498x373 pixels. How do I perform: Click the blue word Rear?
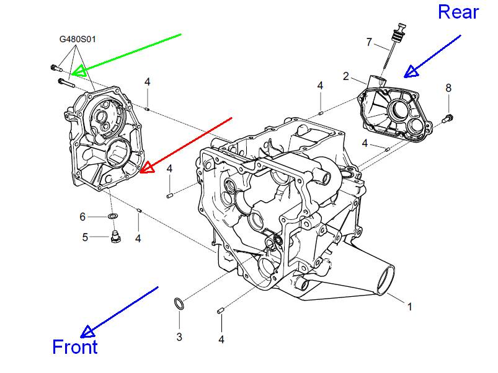pyautogui.click(x=458, y=12)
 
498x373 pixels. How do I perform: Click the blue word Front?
pyautogui.click(x=75, y=347)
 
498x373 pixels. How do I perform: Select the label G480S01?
pyautogui.click(x=78, y=39)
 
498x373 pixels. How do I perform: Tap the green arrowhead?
pyautogui.click(x=79, y=71)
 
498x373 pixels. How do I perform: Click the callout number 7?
pyautogui.click(x=369, y=42)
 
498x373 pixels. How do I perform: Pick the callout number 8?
pyautogui.click(x=448, y=88)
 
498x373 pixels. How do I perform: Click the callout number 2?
pyautogui.click(x=346, y=76)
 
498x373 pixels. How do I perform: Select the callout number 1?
pyautogui.click(x=409, y=306)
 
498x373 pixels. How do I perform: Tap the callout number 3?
pyautogui.click(x=179, y=336)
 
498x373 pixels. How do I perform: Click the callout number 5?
pyautogui.click(x=86, y=236)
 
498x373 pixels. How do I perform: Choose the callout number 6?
pyautogui.click(x=82, y=217)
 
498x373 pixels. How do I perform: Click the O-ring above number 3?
pyautogui.click(x=178, y=304)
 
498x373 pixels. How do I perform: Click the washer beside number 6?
pyautogui.click(x=112, y=216)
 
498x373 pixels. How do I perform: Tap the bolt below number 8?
pyautogui.click(x=448, y=116)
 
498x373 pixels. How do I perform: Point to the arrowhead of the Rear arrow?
pyautogui.click(x=410, y=72)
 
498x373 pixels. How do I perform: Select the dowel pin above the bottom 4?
pyautogui.click(x=220, y=310)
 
